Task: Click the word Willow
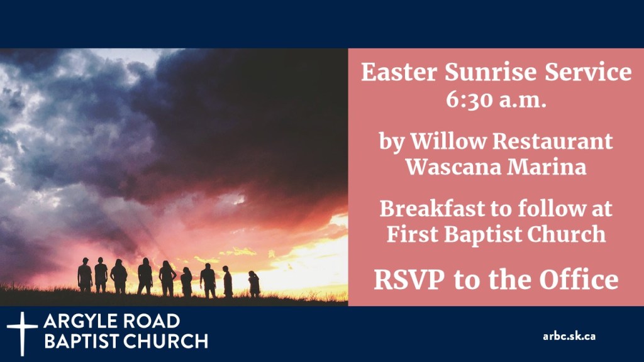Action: tap(448, 141)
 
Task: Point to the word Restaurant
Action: tap(553, 141)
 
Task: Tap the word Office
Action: tap(579, 280)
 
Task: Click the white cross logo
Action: tap(22, 333)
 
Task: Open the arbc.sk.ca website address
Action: tap(569, 336)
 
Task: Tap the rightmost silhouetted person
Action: tap(254, 284)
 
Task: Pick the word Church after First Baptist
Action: tap(567, 234)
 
